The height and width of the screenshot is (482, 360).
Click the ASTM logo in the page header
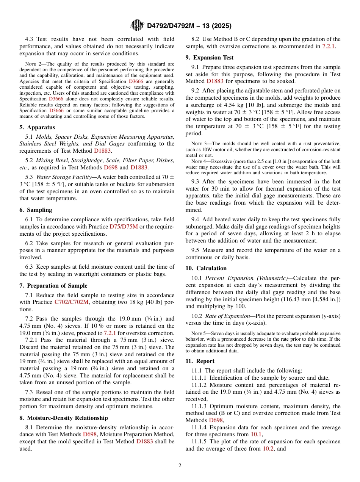click(137, 25)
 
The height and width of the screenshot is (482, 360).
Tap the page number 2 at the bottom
click(180, 466)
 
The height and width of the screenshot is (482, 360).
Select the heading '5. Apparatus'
click(37, 127)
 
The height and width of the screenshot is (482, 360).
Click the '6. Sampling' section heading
click(36, 210)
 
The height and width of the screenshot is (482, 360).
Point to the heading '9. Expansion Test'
click(210, 58)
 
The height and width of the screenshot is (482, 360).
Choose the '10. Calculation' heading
click(206, 268)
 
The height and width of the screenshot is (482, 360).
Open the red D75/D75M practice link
click(124, 226)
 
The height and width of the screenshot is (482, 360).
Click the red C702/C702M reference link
click(72, 302)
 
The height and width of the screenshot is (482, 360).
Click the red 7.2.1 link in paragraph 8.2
click(328, 46)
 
